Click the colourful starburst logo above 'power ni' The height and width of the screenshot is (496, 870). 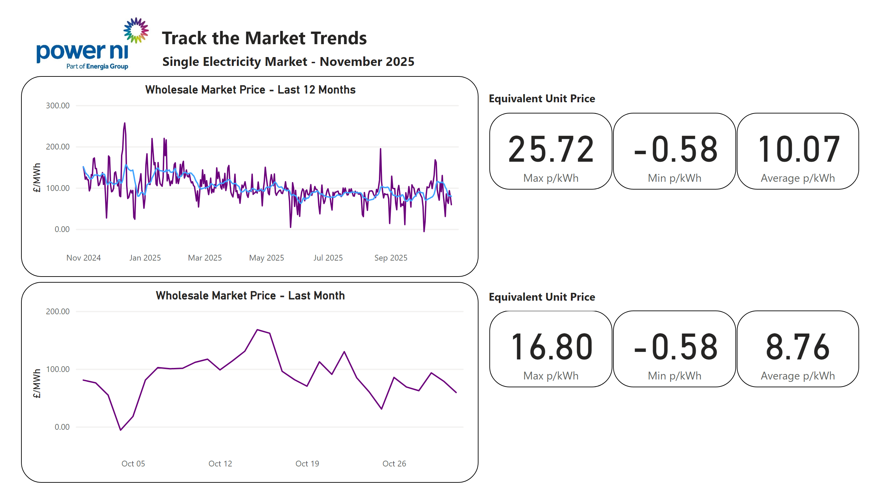tap(136, 31)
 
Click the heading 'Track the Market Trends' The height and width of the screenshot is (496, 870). tap(264, 38)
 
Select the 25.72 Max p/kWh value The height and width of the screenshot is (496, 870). tap(551, 149)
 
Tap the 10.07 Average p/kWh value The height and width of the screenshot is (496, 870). tap(798, 149)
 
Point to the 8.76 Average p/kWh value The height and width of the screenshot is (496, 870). tap(798, 347)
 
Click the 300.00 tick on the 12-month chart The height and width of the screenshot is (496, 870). tap(57, 106)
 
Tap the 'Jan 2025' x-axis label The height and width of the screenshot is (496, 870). tap(145, 258)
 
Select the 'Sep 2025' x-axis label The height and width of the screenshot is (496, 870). tap(390, 258)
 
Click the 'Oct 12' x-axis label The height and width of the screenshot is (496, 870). tap(220, 464)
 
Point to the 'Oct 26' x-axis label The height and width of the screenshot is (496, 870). tap(394, 464)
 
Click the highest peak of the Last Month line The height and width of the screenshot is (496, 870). tap(258, 330)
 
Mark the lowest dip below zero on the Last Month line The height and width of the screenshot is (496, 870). tap(120, 430)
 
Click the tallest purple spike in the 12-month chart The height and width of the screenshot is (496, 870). tap(125, 123)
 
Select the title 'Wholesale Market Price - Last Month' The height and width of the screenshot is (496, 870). tap(250, 296)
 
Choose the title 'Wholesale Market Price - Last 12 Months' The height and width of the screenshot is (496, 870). tap(250, 90)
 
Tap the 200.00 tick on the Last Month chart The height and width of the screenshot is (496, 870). tap(57, 312)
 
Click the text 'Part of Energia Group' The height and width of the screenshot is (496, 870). tap(97, 66)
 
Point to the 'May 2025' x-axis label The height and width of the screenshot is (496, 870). tap(266, 258)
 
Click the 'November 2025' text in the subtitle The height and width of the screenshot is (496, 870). tap(367, 61)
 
